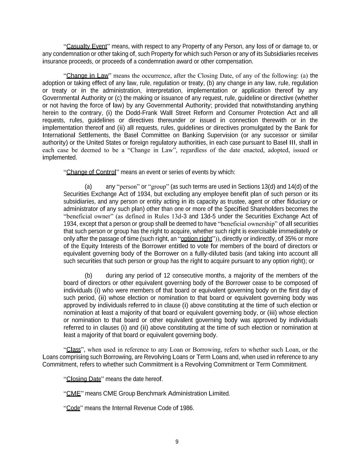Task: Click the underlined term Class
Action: tap(73, 350)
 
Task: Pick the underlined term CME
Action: tap(73, 394)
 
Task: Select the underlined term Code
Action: tap(73, 408)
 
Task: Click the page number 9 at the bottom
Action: tap(177, 442)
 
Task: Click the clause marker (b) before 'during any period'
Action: tap(88, 276)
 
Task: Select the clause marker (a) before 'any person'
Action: tap(88, 187)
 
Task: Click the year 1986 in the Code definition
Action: tap(187, 408)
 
